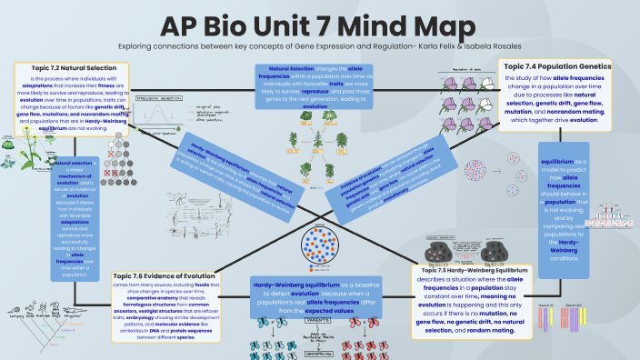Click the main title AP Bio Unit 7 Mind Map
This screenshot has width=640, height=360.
(319, 24)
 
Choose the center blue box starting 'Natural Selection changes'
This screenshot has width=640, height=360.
(315, 86)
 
